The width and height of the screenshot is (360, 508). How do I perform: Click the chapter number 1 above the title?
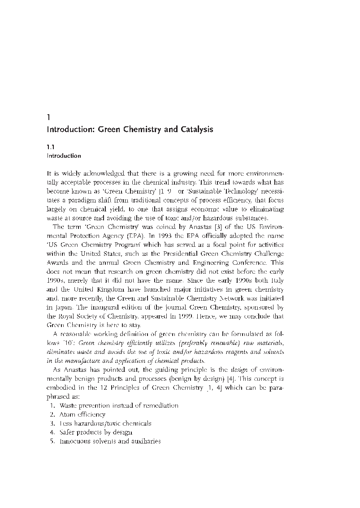click(49, 118)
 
